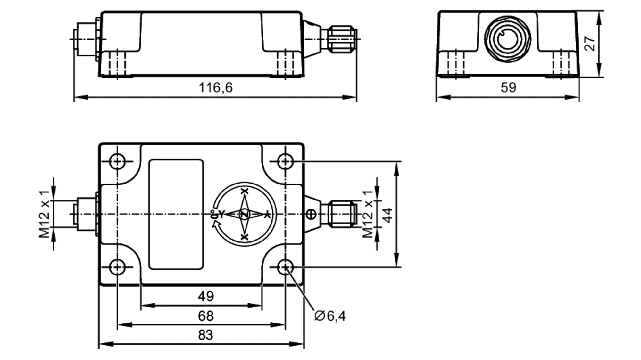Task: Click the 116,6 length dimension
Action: tap(215, 88)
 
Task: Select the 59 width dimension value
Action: tap(508, 88)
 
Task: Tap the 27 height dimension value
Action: tap(590, 44)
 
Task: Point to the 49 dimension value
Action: tap(205, 297)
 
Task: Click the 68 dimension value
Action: tap(205, 316)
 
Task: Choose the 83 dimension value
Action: tap(205, 335)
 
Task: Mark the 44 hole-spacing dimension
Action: tap(388, 215)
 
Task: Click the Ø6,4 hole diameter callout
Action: tap(330, 316)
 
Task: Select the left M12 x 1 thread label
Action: tap(45, 214)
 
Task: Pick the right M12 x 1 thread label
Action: tap(368, 214)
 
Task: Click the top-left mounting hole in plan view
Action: tap(117, 161)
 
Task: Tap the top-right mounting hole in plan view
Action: tap(285, 161)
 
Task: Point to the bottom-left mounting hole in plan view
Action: tap(117, 267)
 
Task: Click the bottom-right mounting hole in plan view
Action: tap(285, 267)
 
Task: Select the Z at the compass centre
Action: tap(245, 214)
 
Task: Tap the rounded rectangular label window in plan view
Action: tap(176, 214)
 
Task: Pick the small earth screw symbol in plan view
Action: tap(311, 214)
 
